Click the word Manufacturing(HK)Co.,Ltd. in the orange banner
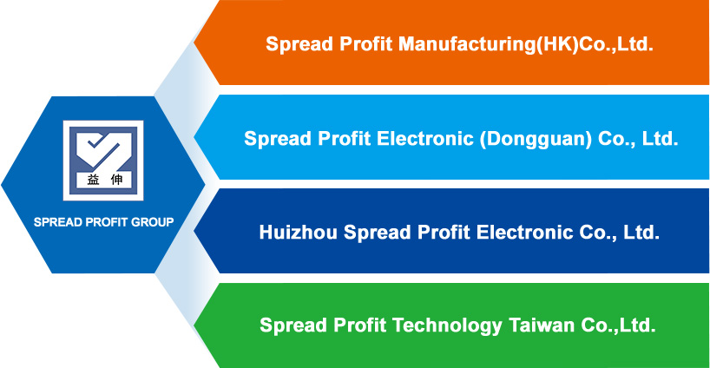(x=526, y=44)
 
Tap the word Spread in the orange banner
(x=299, y=44)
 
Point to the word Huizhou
(x=298, y=233)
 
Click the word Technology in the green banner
(x=446, y=325)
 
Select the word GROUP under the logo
(x=152, y=222)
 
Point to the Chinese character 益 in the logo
(x=93, y=180)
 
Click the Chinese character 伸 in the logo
(x=116, y=180)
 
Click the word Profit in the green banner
(x=359, y=325)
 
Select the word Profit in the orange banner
(x=365, y=44)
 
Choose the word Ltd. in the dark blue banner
(x=641, y=233)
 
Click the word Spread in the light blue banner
(x=278, y=139)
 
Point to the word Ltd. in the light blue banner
(x=661, y=139)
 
